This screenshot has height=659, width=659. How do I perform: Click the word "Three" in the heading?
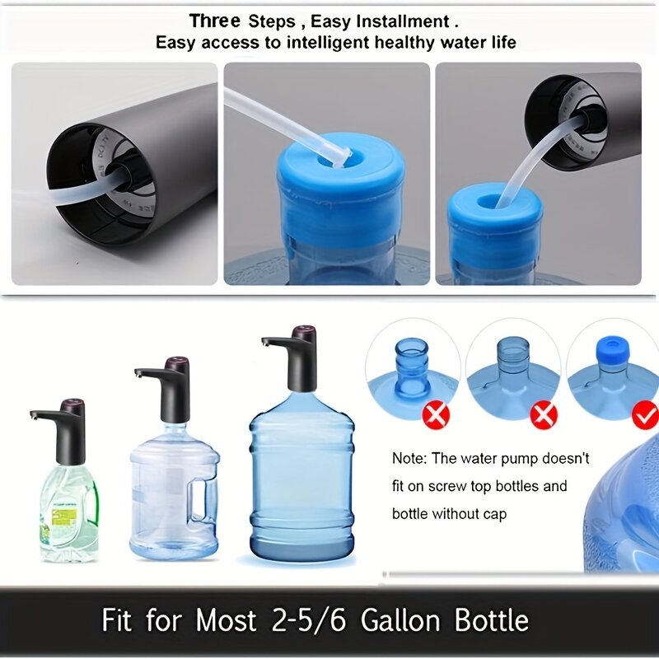click(215, 21)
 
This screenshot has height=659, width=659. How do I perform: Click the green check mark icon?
click(645, 416)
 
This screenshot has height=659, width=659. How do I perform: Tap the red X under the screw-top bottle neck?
click(435, 416)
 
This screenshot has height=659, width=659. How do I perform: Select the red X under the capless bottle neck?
click(543, 416)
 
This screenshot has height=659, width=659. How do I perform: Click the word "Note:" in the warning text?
click(410, 459)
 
